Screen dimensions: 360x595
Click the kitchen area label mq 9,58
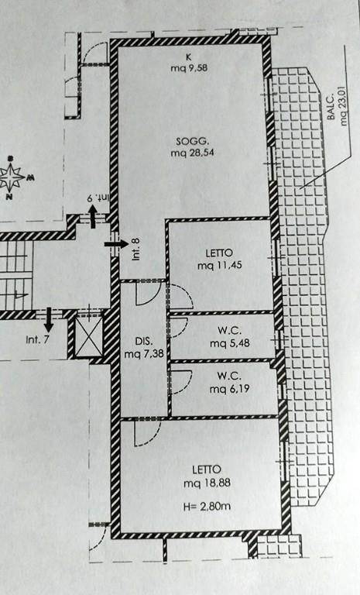point(189,68)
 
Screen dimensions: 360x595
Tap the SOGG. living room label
point(192,142)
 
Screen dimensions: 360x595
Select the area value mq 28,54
point(192,153)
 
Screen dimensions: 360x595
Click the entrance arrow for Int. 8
point(116,243)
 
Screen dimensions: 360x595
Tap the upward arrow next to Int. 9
point(93,217)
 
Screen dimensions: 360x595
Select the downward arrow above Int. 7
point(49,320)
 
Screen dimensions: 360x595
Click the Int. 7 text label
point(37,339)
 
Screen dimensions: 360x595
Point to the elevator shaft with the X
point(89,336)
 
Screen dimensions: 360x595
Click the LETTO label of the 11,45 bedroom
point(219,253)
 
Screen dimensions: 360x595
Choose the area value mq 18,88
point(207,483)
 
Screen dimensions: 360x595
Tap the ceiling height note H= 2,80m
point(207,506)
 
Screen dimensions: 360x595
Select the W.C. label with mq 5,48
point(229,331)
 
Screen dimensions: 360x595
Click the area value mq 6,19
point(229,389)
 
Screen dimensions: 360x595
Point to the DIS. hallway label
point(144,340)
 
